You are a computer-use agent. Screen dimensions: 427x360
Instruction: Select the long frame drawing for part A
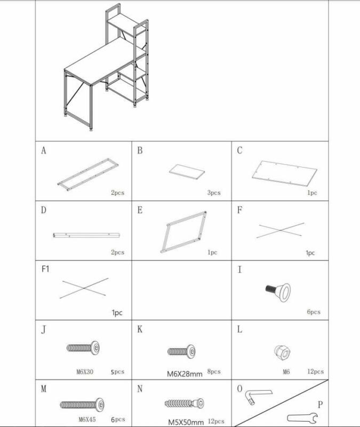coord(87,172)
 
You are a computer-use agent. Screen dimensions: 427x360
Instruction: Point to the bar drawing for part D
coord(87,235)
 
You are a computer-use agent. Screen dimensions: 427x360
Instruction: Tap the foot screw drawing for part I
coord(278,290)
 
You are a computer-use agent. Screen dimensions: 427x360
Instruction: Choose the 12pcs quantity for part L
coord(315,371)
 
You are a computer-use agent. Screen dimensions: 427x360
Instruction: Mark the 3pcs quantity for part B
coord(213,193)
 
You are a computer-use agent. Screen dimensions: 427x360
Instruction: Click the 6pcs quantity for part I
coord(314,312)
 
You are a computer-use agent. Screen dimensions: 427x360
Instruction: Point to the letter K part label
coord(140,329)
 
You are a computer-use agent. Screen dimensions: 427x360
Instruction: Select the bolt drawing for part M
coord(82,405)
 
